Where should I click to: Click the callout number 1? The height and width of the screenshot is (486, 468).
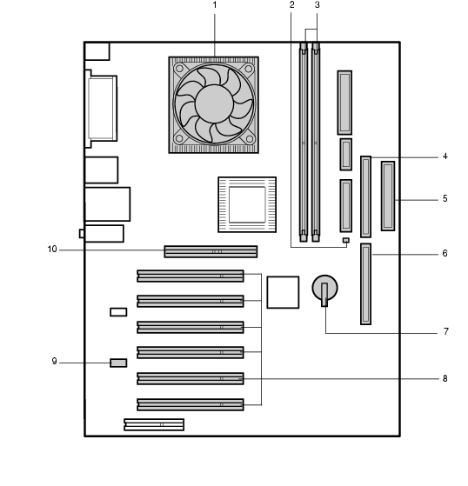coord(214,5)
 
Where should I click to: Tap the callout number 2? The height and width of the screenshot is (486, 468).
coord(291,5)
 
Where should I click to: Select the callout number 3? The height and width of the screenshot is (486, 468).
coord(317,5)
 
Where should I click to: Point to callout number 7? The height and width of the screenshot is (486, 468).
coord(445,331)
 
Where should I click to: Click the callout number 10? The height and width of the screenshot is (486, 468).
coord(52,250)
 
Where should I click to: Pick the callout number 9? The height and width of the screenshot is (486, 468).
coord(54,362)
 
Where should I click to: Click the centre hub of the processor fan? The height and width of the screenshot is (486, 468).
coord(214,103)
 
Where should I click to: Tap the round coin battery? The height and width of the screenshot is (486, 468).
coord(324,288)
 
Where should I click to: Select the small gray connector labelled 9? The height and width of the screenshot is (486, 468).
coord(118,363)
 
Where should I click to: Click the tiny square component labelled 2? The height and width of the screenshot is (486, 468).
coord(346,240)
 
